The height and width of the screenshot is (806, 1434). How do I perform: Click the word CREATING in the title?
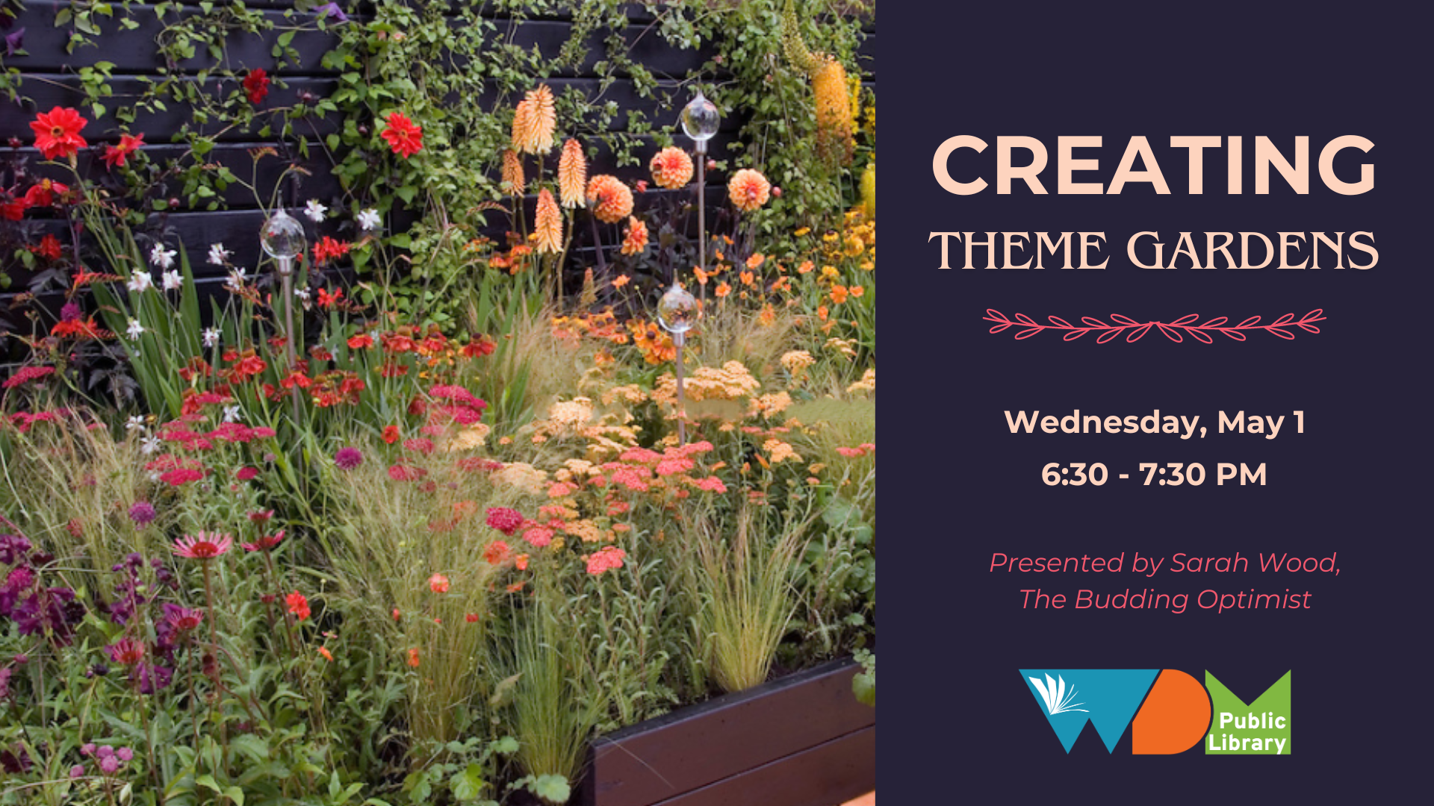(1154, 165)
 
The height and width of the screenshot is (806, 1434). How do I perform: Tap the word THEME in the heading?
(1019, 250)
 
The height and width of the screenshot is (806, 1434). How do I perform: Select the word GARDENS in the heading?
(1253, 250)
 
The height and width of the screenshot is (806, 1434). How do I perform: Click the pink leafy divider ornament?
(1154, 325)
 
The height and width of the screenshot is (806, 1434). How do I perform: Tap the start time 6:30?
(1075, 475)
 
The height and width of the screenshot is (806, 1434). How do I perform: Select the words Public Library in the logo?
(1247, 731)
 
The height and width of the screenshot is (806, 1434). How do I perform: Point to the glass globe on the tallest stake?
(700, 118)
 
